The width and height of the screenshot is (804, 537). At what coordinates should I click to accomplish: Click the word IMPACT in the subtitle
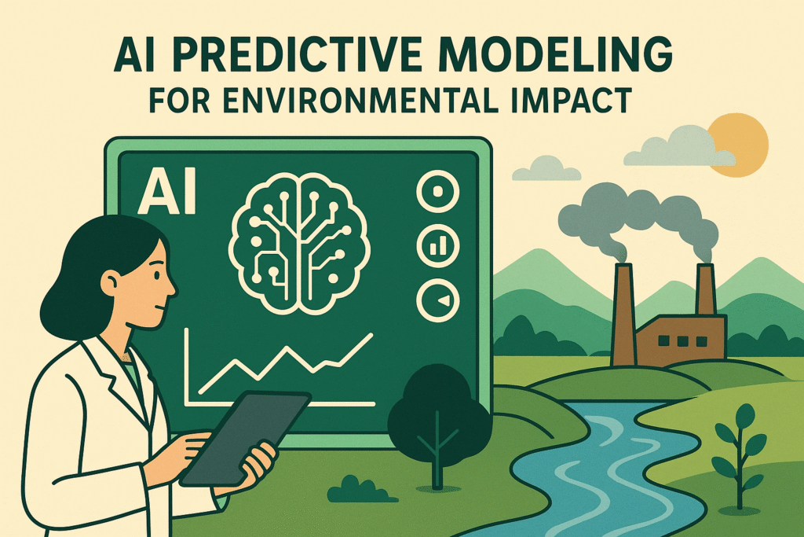pos(587,103)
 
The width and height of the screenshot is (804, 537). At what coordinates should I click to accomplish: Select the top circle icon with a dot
pos(437,192)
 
